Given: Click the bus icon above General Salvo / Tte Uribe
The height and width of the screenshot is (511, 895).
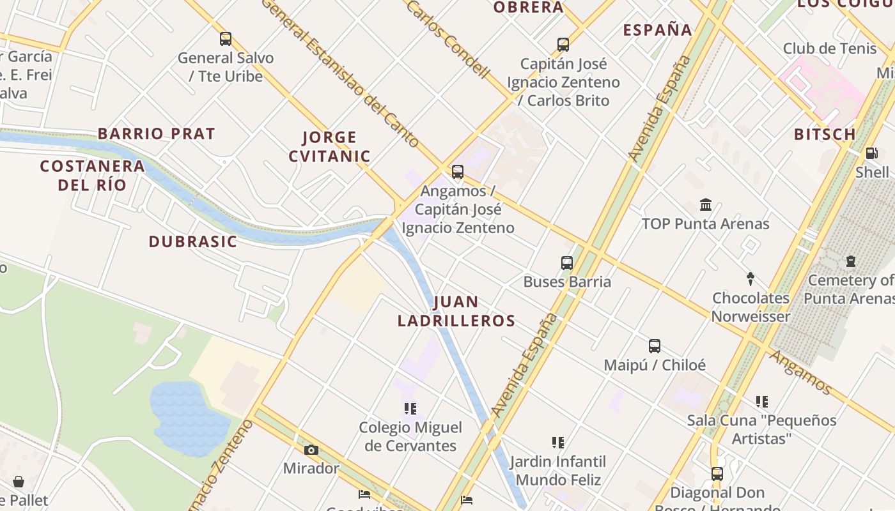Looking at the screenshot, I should coord(226,39).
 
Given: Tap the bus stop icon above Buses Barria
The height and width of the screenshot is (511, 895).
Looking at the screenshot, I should coord(567,263).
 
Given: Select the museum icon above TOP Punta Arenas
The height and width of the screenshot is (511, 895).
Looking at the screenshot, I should coord(706,205).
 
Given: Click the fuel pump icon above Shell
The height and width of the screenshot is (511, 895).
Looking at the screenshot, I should coord(871,153).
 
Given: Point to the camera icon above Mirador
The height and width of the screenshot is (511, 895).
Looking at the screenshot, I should coord(311,450).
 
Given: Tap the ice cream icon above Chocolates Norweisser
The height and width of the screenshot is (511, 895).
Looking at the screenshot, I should coord(751,279).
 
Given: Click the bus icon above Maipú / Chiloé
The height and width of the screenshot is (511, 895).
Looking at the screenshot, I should coord(655,346).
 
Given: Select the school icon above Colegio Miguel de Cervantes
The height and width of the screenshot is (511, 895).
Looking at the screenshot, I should coord(410,408).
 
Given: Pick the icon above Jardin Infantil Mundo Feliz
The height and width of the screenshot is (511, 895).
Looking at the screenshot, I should coord(558,442).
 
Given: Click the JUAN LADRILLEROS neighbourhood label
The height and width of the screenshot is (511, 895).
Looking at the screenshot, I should coord(456,311).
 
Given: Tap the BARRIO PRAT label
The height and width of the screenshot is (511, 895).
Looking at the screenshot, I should coord(157,134).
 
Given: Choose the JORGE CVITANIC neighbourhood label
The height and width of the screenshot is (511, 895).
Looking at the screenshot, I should coord(329,147).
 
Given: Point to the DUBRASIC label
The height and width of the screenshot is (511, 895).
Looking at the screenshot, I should coord(193,242).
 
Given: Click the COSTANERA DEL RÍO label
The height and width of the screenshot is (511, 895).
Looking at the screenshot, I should coord(93,176).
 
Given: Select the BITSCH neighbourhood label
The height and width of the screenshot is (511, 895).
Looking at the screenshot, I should coord(825,135).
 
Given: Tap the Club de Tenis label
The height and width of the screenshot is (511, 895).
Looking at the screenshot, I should coord(830,49).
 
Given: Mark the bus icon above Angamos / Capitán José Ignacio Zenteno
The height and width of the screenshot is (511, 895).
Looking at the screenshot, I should coord(458,172).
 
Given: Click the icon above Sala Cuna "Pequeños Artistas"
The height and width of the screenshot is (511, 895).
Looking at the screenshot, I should coord(762,402).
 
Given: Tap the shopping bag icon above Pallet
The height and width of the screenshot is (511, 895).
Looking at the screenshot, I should coord(19,482).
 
